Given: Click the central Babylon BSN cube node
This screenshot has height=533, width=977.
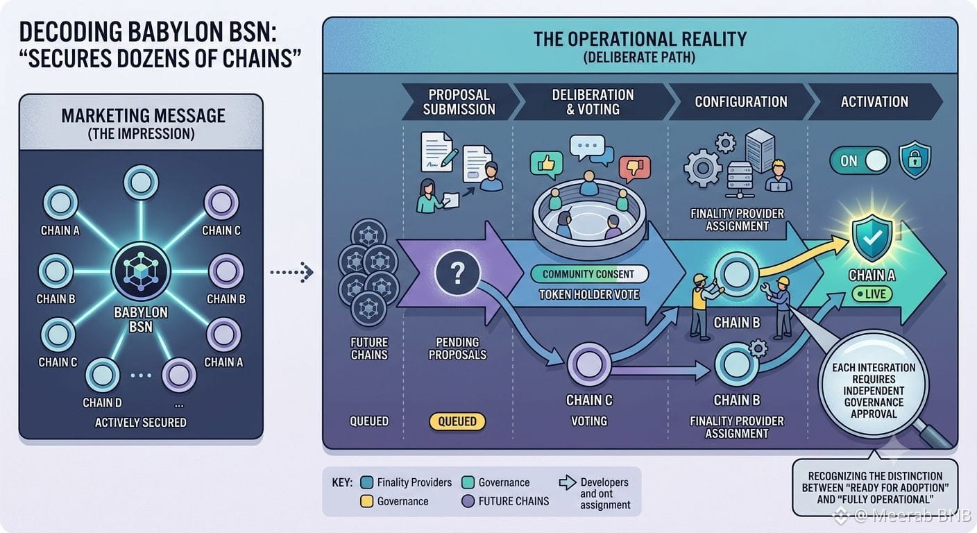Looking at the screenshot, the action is pos(140,271).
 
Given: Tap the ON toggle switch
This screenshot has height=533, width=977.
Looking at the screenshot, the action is pos(860,160).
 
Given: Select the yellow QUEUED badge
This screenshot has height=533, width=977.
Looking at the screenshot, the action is pos(457,421).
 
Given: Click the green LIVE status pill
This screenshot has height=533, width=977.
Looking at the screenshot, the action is pos(872,294).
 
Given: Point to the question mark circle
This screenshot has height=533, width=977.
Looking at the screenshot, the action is pos(457,273).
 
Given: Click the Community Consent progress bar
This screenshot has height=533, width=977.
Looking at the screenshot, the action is pos(589,274).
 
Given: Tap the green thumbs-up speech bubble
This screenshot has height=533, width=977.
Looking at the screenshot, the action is pos(546,165).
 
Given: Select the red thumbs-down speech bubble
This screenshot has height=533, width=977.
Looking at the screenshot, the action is pos(635,169).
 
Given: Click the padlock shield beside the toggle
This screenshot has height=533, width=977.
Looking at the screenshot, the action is pos(915,160).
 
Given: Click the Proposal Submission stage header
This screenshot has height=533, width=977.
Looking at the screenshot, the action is pos(460,101).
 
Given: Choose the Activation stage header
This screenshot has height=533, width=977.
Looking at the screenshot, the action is pos(874,101).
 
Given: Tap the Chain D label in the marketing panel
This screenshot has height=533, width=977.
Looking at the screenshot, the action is pos(103,403).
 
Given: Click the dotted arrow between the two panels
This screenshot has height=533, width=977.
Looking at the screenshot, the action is pos(291,272).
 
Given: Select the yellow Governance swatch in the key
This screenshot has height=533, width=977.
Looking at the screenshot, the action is pos(367,501).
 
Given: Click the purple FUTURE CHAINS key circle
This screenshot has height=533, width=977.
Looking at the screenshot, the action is pos(468,501).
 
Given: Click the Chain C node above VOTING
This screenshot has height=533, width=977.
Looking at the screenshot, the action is pos(589,364).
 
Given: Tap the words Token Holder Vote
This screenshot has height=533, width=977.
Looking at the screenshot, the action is pos(589,295).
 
